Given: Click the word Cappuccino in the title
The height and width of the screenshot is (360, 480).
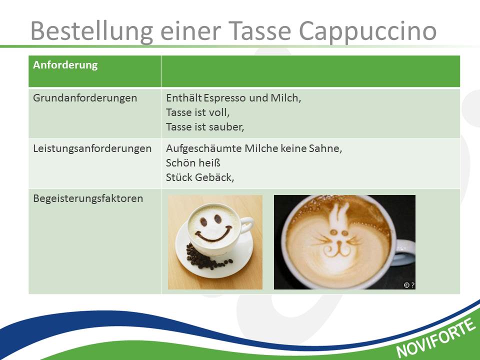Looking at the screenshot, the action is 367,31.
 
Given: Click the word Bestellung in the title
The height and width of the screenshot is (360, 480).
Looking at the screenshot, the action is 91,31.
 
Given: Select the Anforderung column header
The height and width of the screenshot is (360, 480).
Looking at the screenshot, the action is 65,65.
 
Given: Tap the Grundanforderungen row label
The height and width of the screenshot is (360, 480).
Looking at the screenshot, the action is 85,98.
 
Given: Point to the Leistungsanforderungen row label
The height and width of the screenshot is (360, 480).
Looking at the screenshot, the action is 92,148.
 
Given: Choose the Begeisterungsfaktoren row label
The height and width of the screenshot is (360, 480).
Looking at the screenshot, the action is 88,198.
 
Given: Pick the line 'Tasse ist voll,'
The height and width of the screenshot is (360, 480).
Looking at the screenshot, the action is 198,112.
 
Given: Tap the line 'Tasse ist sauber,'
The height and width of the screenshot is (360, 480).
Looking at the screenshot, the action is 205,126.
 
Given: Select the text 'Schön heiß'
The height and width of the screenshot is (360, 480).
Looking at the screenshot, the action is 193,163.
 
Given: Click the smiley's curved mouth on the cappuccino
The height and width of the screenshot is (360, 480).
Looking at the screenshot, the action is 213,235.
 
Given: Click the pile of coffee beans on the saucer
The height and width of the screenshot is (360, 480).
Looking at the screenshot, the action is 203,258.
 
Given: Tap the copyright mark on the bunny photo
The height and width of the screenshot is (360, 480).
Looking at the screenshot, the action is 406,285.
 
